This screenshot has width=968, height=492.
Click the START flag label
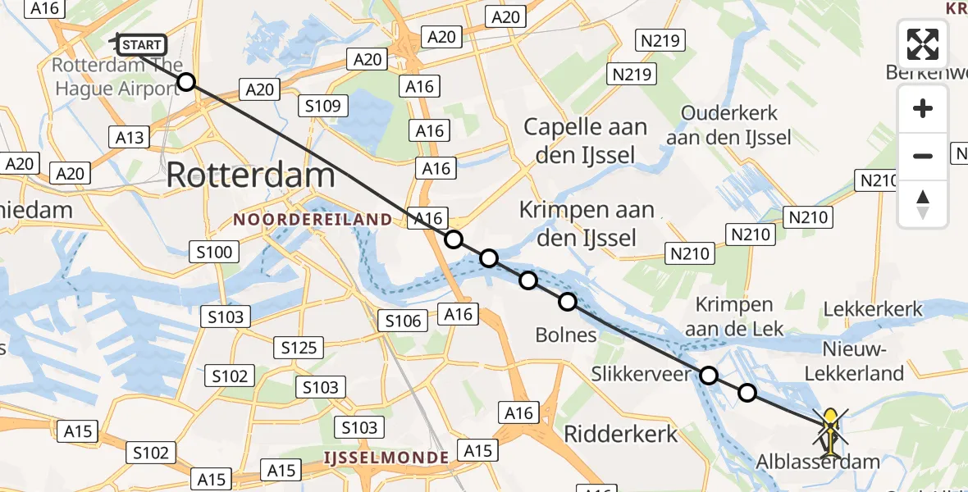point(143,45)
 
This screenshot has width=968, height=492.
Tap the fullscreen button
point(923,44)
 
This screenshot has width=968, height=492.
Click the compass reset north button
point(923,204)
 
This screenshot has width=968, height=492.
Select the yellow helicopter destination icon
point(830,431)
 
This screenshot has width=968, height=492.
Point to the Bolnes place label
point(566,335)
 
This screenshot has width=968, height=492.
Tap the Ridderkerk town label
point(620,434)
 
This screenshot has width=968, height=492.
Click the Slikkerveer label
point(642,375)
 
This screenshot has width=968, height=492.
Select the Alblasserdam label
point(818,462)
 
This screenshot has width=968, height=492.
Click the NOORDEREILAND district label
point(313,220)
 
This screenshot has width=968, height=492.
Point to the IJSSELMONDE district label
point(386,457)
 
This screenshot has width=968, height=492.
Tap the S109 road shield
point(324,105)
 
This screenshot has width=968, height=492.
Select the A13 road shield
point(130,137)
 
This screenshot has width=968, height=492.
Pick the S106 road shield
point(403,321)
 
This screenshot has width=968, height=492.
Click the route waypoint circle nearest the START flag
point(186,82)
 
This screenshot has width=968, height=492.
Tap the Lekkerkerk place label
point(872,310)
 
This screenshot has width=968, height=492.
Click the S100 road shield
point(214,252)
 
